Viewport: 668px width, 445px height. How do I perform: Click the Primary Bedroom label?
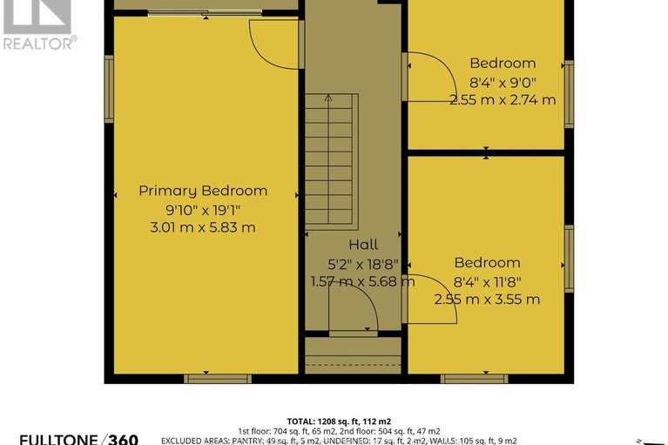pyautogui.click(x=203, y=191)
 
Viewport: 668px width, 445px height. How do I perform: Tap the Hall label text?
pyautogui.click(x=363, y=245)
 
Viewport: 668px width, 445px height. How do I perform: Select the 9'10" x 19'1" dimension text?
pyautogui.click(x=203, y=210)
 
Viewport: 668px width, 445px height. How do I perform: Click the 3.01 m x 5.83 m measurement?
pyautogui.click(x=203, y=228)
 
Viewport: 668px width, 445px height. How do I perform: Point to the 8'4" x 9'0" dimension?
pyautogui.click(x=503, y=82)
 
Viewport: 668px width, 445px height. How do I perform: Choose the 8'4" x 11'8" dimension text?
pyautogui.click(x=487, y=281)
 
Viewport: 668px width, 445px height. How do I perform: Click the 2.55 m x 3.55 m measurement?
pyautogui.click(x=487, y=300)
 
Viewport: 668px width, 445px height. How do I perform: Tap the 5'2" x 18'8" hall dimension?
pyautogui.click(x=363, y=263)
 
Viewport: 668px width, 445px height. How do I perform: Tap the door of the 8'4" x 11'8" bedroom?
pyautogui.click(x=429, y=299)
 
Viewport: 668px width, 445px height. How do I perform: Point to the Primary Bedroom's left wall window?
pyautogui.click(x=109, y=88)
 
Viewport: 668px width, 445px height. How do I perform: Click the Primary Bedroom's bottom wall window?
pyautogui.click(x=217, y=379)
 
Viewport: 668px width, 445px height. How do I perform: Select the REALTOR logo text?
pyautogui.click(x=39, y=42)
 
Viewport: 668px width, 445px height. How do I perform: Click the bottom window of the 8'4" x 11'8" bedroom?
pyautogui.click(x=474, y=379)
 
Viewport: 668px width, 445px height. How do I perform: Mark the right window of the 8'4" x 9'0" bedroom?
pyautogui.click(x=569, y=94)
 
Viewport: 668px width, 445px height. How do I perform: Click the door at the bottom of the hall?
pyautogui.click(x=353, y=310)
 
